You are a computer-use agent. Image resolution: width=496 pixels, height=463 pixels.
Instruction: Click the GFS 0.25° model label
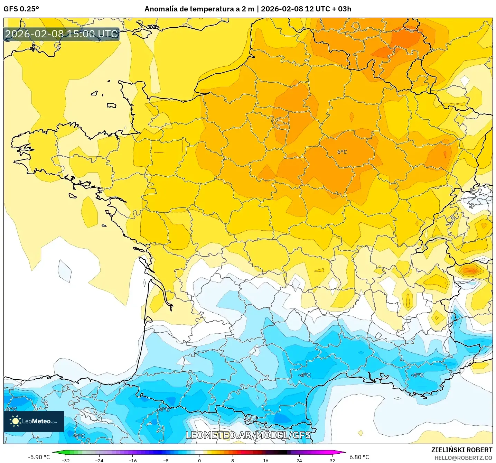[21, 9]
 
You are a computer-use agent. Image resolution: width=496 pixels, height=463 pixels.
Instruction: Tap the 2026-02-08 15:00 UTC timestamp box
[62, 34]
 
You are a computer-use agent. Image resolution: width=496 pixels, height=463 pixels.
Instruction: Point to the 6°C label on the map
[342, 152]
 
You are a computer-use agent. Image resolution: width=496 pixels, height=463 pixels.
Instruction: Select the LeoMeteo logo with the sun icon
[34, 421]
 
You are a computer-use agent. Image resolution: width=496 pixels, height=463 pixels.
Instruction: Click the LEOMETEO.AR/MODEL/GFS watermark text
[248, 435]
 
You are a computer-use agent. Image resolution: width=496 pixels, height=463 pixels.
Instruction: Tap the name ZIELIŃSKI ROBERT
[462, 450]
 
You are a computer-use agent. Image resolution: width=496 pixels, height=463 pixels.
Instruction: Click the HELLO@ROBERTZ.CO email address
[463, 458]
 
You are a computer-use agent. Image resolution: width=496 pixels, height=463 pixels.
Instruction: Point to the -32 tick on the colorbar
[66, 460]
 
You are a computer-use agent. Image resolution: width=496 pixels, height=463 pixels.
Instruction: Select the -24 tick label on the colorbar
[99, 460]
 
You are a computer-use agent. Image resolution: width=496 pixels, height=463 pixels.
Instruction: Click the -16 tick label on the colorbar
[132, 460]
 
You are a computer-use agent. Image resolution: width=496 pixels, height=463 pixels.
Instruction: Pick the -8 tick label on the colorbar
[166, 460]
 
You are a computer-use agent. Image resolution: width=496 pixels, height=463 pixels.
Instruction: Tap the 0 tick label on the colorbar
[199, 460]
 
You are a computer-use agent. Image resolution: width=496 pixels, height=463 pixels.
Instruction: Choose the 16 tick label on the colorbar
[266, 460]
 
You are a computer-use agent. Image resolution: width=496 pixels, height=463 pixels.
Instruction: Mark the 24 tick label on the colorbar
[299, 460]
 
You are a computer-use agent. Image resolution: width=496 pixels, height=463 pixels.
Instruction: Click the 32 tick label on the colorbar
[332, 460]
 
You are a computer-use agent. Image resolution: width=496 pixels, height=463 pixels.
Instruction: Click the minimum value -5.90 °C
[39, 457]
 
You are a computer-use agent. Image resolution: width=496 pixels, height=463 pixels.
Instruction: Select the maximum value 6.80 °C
[359, 457]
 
